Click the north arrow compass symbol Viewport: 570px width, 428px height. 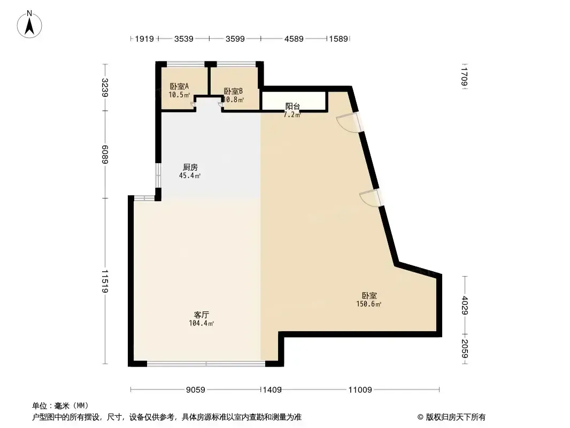(x=29, y=25)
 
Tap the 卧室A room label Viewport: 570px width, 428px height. (x=179, y=87)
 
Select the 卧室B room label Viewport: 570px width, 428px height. (x=233, y=91)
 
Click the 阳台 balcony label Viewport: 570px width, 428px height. (x=292, y=106)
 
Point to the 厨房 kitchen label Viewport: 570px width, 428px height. (x=190, y=167)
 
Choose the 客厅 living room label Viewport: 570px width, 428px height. (x=202, y=315)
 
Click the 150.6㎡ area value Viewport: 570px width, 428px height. (x=368, y=304)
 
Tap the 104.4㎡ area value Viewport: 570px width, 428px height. (x=201, y=323)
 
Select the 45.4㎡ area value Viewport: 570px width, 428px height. (x=190, y=175)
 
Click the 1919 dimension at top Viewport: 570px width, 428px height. (x=144, y=39)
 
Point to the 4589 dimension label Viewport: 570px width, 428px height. (x=294, y=39)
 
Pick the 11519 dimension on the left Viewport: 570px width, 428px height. (x=105, y=281)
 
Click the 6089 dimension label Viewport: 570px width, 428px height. (x=105, y=154)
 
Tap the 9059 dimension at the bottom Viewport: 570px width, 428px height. (x=196, y=390)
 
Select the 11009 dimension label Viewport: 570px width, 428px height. (x=360, y=390)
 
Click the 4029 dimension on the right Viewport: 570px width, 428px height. (x=465, y=305)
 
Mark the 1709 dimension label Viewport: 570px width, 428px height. (x=464, y=77)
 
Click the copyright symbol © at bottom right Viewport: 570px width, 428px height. (x=420, y=417)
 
